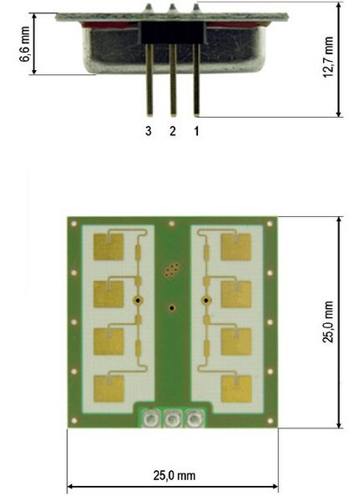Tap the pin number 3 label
[x=149, y=131]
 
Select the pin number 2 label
[x=173, y=131]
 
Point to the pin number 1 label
[x=196, y=131]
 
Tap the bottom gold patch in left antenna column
[x=109, y=387]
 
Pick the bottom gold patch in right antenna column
[x=236, y=387]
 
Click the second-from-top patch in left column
[x=109, y=294]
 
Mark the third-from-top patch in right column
[x=236, y=341]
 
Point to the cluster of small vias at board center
[x=171, y=270]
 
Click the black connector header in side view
[x=173, y=33]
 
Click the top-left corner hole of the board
[x=74, y=224]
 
